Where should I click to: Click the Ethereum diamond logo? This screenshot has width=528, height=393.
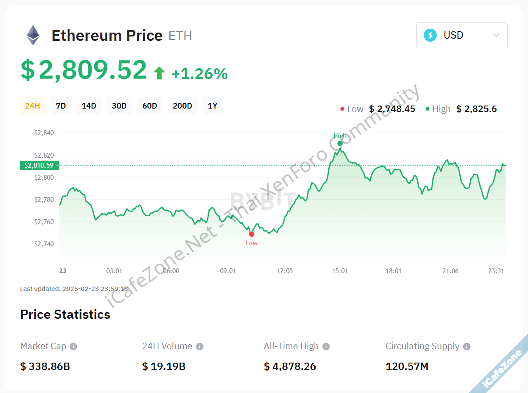(x=33, y=35)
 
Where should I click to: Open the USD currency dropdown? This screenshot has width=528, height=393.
(x=462, y=35)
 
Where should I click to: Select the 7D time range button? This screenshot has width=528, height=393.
(x=61, y=106)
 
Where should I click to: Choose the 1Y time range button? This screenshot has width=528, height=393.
(x=212, y=106)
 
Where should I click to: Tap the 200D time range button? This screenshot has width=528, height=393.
(x=182, y=106)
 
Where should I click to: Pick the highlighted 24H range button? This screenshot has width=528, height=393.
(x=33, y=106)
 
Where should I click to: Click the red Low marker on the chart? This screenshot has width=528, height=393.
(x=251, y=234)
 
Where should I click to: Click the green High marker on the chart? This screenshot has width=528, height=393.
(x=340, y=143)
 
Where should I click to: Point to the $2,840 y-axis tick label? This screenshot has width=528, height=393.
(x=44, y=133)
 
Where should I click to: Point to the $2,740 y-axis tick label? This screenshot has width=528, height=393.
(x=44, y=244)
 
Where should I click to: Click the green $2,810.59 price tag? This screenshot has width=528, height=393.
(x=39, y=165)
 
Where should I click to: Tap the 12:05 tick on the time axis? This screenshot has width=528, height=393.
(x=285, y=271)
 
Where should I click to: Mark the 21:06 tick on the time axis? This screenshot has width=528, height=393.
(x=450, y=271)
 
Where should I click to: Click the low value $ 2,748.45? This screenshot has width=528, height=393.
(x=392, y=109)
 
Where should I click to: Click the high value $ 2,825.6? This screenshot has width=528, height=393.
(x=476, y=109)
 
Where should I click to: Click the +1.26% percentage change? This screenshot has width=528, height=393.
(x=200, y=74)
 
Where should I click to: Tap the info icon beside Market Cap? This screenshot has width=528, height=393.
(x=74, y=347)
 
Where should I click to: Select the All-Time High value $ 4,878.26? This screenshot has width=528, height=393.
(x=290, y=367)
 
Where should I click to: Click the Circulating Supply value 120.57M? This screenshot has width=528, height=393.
(x=407, y=367)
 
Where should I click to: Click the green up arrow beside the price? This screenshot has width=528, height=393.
(x=159, y=73)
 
